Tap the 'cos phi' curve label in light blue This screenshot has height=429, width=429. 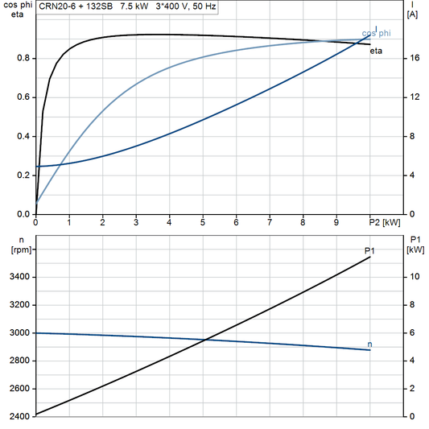377,33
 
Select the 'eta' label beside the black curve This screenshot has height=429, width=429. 375,51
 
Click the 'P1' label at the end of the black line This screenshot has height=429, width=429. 369,251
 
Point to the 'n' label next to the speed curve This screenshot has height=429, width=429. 369,344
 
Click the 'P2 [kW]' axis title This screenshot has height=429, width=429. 384,223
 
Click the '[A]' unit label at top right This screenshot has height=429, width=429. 412,14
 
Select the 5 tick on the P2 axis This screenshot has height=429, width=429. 203,223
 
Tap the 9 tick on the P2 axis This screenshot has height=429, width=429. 336,223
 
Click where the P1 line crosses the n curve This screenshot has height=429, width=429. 207,339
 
